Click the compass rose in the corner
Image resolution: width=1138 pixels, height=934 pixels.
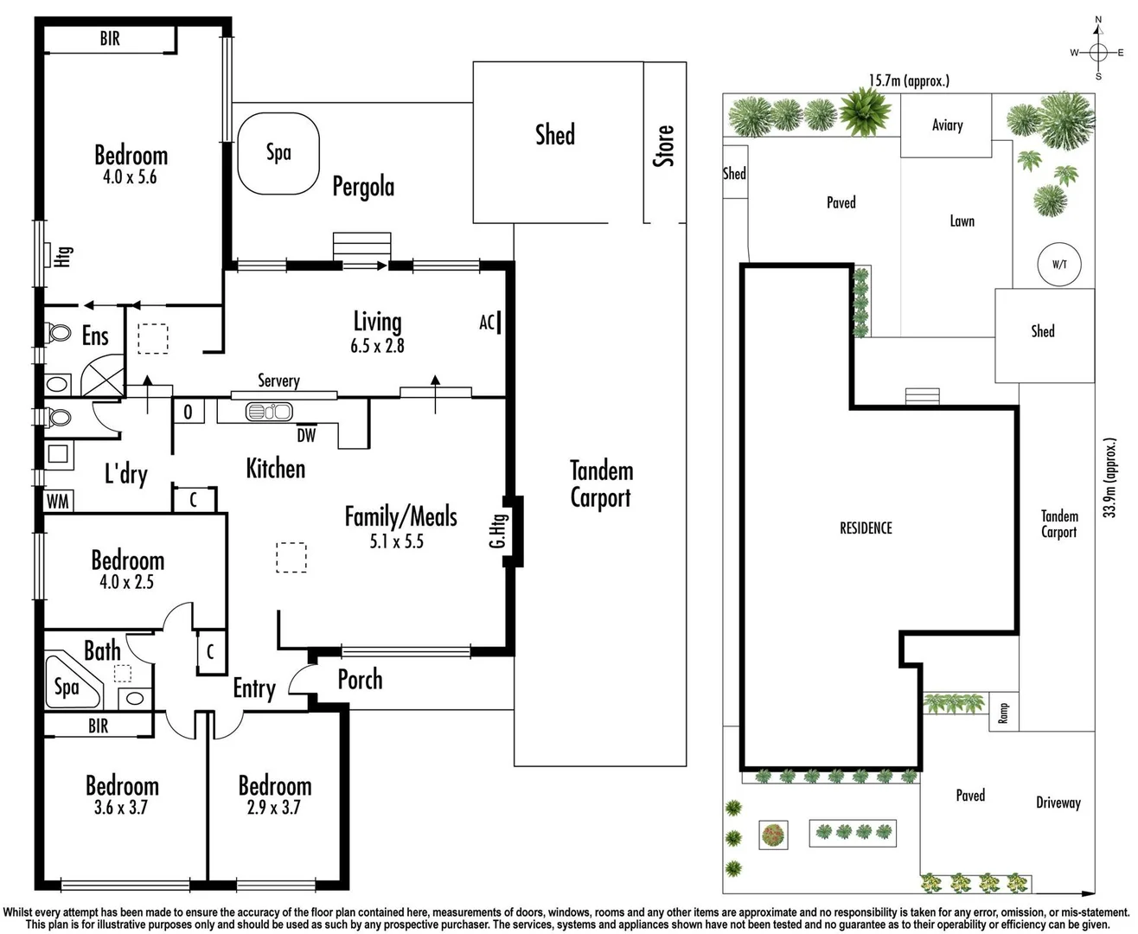coord(1098,52)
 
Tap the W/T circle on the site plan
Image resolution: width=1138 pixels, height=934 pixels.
coord(1058,265)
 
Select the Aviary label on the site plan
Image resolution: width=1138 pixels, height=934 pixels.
coord(947,125)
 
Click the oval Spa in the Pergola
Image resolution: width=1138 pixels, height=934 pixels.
coord(278,153)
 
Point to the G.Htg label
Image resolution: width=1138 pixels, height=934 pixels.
coord(497,530)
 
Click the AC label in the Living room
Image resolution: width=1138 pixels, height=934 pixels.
coord(487,323)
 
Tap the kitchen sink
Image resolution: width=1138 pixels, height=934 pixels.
coord(269,412)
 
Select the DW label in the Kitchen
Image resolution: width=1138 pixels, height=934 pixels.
coord(306,436)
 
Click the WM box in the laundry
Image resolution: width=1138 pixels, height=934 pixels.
coord(58,501)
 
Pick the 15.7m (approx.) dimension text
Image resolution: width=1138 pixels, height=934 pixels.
coord(909,80)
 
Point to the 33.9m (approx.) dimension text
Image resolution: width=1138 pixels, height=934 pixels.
coord(1110,477)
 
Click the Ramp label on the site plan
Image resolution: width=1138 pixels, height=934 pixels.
coord(1003,713)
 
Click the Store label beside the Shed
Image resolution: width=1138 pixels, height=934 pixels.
coord(663,145)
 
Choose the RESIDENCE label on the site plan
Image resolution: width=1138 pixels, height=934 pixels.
coord(866,528)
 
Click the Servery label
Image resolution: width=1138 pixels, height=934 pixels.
coord(278,381)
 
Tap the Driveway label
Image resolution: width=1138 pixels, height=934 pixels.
coord(1058,803)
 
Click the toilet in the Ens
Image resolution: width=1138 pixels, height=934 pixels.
coord(59,333)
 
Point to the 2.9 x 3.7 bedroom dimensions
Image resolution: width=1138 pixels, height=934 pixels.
coord(274,808)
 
